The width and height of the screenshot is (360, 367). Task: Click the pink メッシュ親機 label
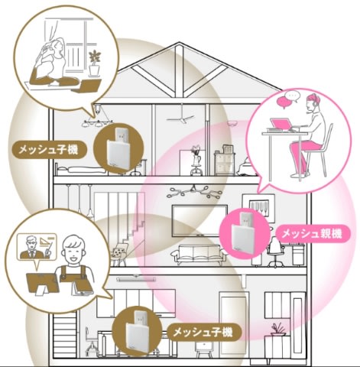(x=313, y=234)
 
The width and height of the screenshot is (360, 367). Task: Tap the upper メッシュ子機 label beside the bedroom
(x=48, y=149)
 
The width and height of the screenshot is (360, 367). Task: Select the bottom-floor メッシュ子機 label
(x=203, y=333)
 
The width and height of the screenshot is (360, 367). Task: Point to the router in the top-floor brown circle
(x=121, y=148)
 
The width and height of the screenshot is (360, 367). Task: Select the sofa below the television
(x=199, y=254)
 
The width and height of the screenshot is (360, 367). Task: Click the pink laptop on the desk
(x=281, y=124)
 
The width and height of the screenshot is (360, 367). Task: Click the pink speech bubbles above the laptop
(x=288, y=99)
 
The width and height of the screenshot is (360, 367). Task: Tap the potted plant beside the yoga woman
(x=95, y=63)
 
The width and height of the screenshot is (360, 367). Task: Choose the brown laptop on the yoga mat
(x=86, y=86)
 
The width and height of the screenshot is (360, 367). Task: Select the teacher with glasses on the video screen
(x=31, y=248)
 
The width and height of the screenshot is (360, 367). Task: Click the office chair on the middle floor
(x=275, y=253)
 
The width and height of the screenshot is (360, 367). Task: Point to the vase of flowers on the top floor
(x=196, y=160)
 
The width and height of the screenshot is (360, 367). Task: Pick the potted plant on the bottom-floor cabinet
(x=277, y=330)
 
